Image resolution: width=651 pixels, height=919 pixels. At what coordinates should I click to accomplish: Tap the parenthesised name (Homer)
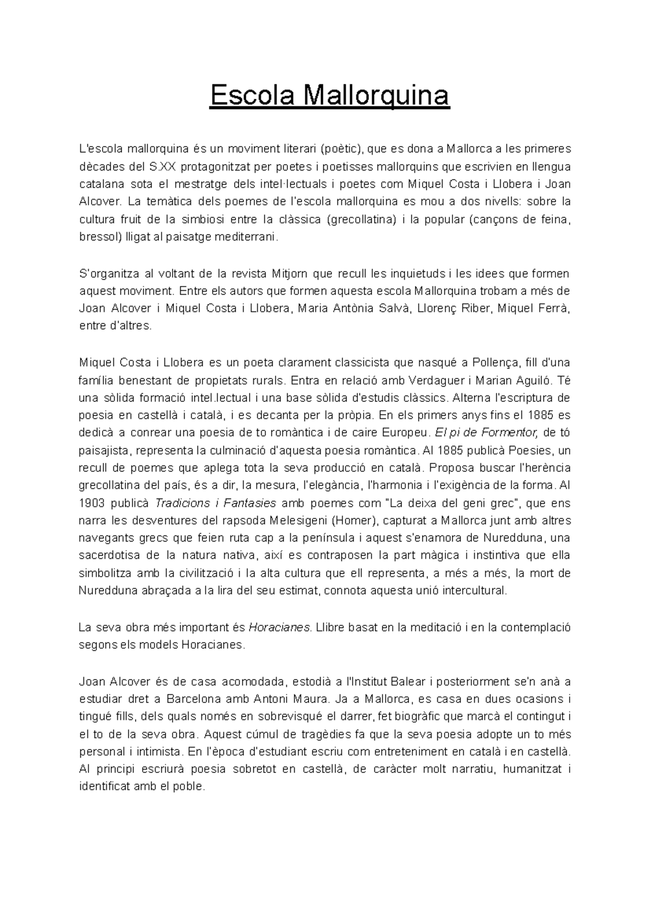pyautogui.click(x=353, y=521)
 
